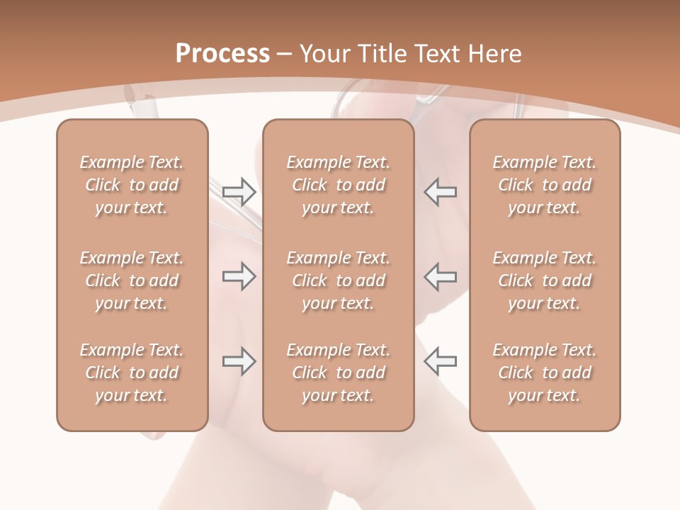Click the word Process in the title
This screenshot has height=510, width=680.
(222, 54)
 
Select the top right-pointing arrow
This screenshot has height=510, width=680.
(239, 191)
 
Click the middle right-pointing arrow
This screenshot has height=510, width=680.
(239, 276)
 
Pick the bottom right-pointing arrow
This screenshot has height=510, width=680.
(239, 361)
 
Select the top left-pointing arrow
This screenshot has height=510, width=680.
(440, 191)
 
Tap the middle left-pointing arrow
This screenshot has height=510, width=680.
(440, 276)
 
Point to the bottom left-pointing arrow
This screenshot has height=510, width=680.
(440, 361)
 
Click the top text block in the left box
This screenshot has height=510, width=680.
(132, 185)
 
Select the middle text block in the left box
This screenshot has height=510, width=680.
(132, 280)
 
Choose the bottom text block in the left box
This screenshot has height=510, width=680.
(132, 373)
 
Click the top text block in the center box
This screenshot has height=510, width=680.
(339, 185)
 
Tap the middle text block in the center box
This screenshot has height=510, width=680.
(339, 280)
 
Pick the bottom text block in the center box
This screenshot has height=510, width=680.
(339, 373)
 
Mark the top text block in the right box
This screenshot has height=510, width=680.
(545, 185)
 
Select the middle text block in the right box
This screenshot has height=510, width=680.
(545, 280)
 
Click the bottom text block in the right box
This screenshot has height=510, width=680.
(545, 373)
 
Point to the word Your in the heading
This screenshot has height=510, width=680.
(324, 54)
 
